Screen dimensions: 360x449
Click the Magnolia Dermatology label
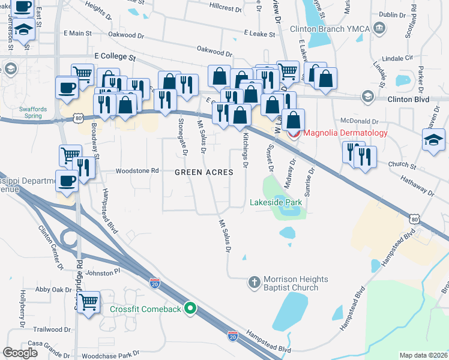pos(346,133)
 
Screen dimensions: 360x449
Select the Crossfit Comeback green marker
pos(191,309)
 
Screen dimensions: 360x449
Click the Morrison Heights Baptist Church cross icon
pos(254,281)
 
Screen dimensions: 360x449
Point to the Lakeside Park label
pos(276,202)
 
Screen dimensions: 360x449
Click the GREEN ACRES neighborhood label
pos(203,172)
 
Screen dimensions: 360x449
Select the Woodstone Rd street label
pos(138,170)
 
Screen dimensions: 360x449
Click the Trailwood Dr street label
pos(52,329)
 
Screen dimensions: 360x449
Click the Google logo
pos(20,353)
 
